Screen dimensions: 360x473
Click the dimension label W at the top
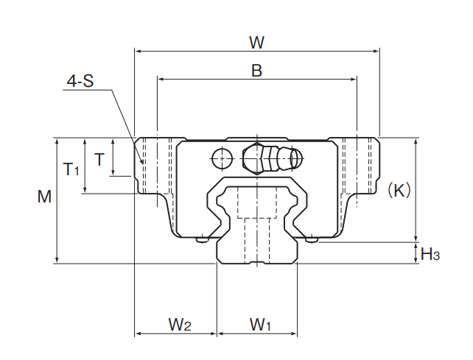point(256,42)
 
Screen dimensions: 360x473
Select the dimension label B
point(256,71)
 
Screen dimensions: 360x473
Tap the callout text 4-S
point(80,82)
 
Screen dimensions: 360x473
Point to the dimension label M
point(45,197)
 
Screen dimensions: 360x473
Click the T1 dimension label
point(71,169)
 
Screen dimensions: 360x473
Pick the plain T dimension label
point(99,158)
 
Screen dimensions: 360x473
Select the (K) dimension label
point(399,190)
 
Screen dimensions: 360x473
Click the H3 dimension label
point(430,255)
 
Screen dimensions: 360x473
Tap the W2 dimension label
point(180,324)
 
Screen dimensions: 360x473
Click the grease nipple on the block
point(271,158)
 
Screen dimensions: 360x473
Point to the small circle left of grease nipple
point(220,157)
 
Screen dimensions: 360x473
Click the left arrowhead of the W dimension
point(138,52)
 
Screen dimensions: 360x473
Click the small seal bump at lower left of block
point(203,238)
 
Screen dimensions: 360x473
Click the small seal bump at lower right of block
point(311,238)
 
